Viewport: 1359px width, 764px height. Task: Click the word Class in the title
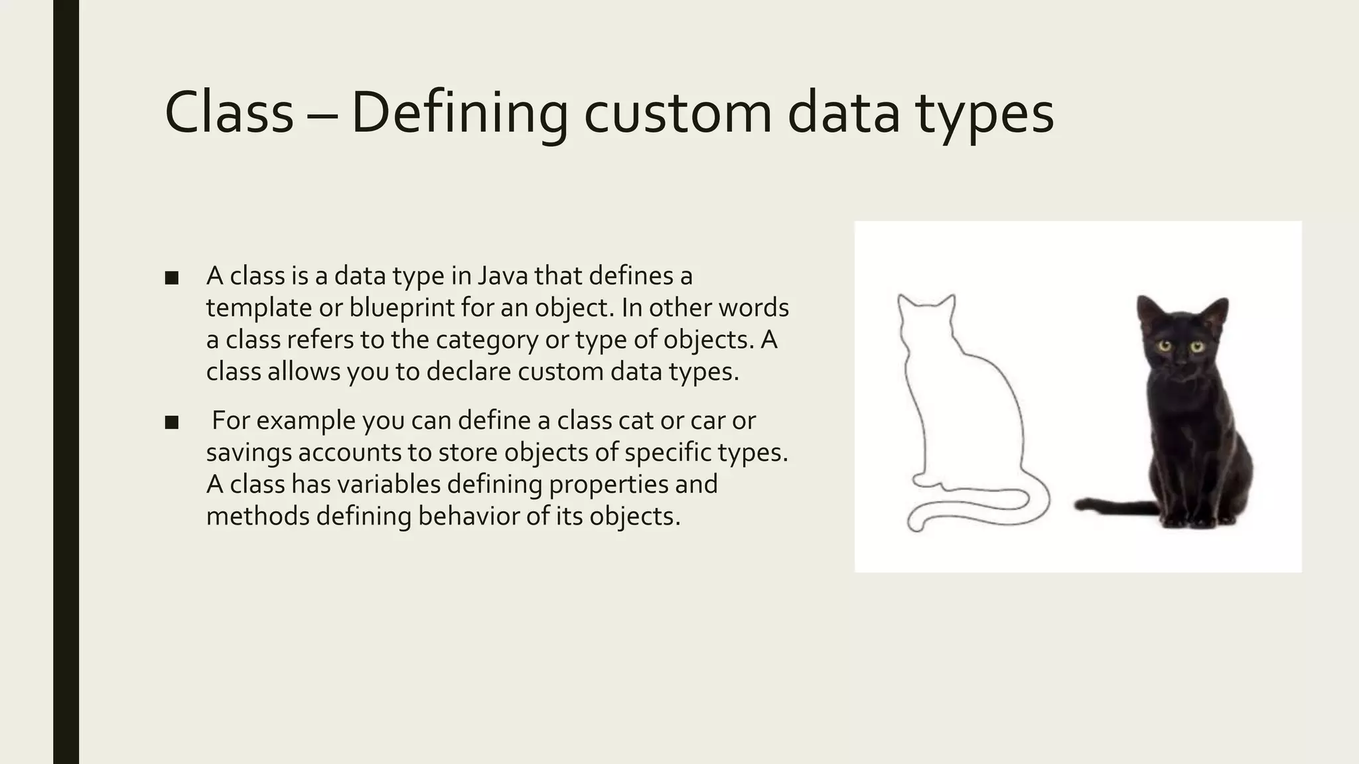[228, 113]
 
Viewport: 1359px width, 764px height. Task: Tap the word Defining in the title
[459, 113]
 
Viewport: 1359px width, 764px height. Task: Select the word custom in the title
[678, 113]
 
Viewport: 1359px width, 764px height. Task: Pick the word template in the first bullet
[257, 308]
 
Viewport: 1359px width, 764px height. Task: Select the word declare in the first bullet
[468, 371]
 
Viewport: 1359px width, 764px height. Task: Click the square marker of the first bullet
[172, 278]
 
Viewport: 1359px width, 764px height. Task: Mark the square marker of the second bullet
[172, 422]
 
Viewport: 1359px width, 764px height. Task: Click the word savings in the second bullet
[249, 453]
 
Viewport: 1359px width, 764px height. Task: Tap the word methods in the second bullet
[257, 516]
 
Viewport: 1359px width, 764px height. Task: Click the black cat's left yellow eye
[1165, 346]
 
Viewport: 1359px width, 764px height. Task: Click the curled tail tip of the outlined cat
[915, 525]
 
